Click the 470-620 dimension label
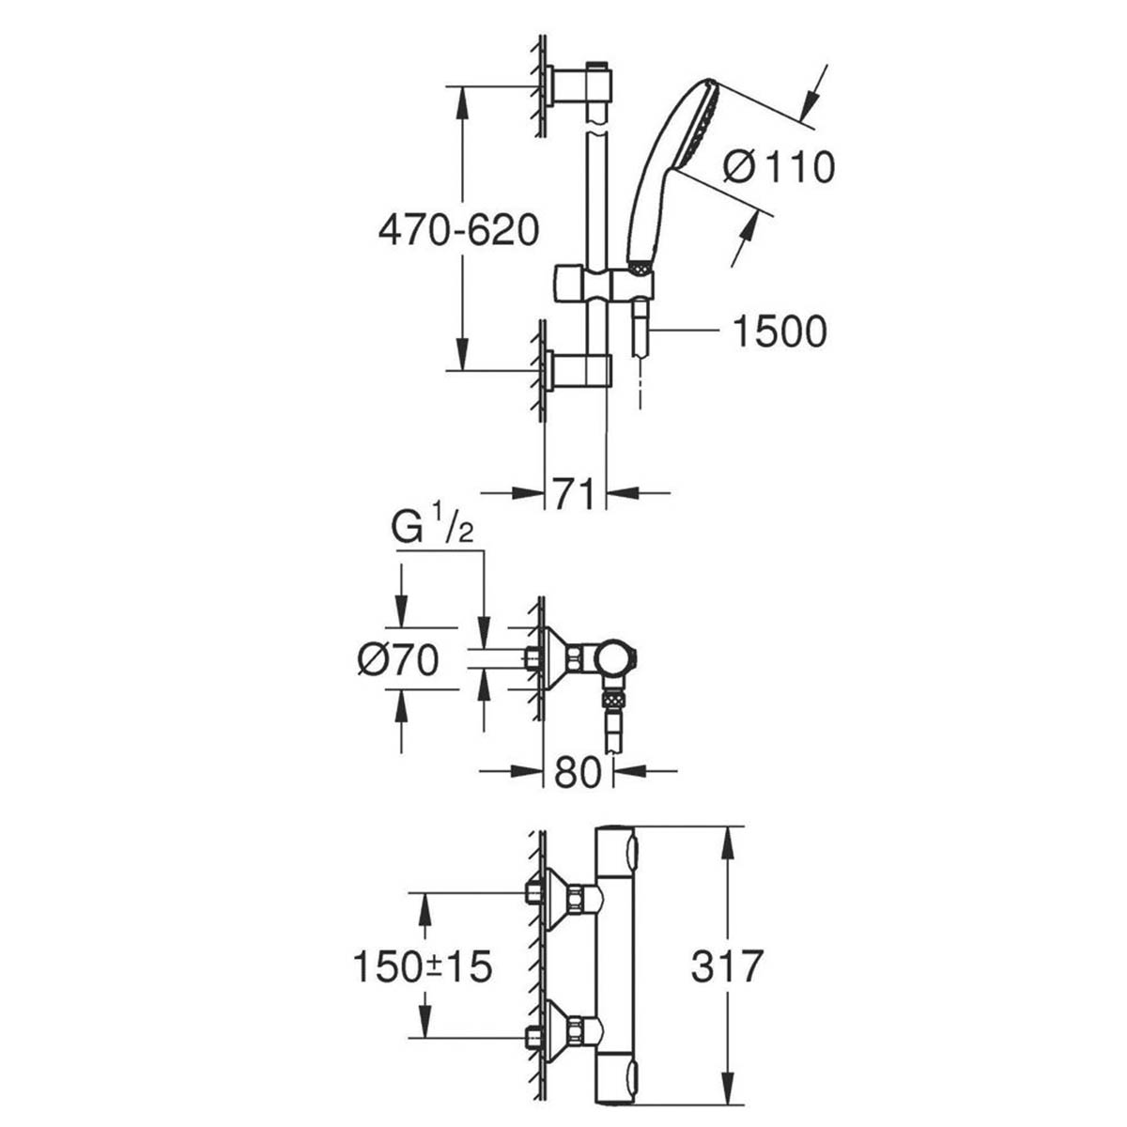(x=458, y=230)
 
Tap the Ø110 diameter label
(x=779, y=168)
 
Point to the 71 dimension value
(x=575, y=492)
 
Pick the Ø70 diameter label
(x=397, y=661)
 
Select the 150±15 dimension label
(x=423, y=966)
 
